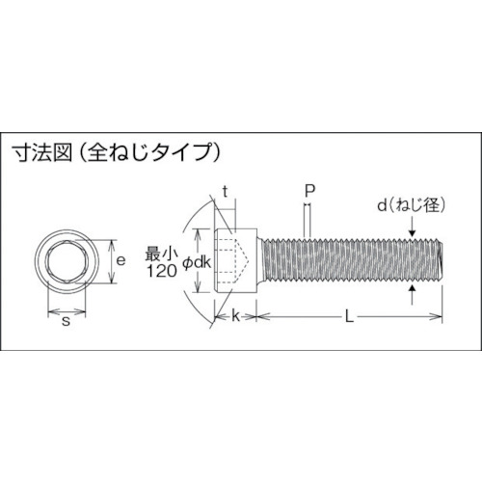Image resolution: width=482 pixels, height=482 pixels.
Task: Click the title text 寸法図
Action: (x=42, y=152)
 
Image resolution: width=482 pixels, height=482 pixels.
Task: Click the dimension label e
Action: (x=120, y=260)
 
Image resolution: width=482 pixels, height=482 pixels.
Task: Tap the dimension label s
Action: (x=66, y=321)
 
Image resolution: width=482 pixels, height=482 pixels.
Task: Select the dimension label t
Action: (x=226, y=192)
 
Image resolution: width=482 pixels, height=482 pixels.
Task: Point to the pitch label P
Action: (x=309, y=191)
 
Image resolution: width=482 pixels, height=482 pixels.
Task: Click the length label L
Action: (x=349, y=317)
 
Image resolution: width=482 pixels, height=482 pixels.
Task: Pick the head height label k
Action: (x=236, y=316)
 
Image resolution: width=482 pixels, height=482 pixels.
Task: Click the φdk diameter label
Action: (x=197, y=262)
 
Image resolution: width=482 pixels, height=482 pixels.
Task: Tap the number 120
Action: (x=162, y=271)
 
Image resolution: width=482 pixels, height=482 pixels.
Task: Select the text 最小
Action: (x=162, y=254)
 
